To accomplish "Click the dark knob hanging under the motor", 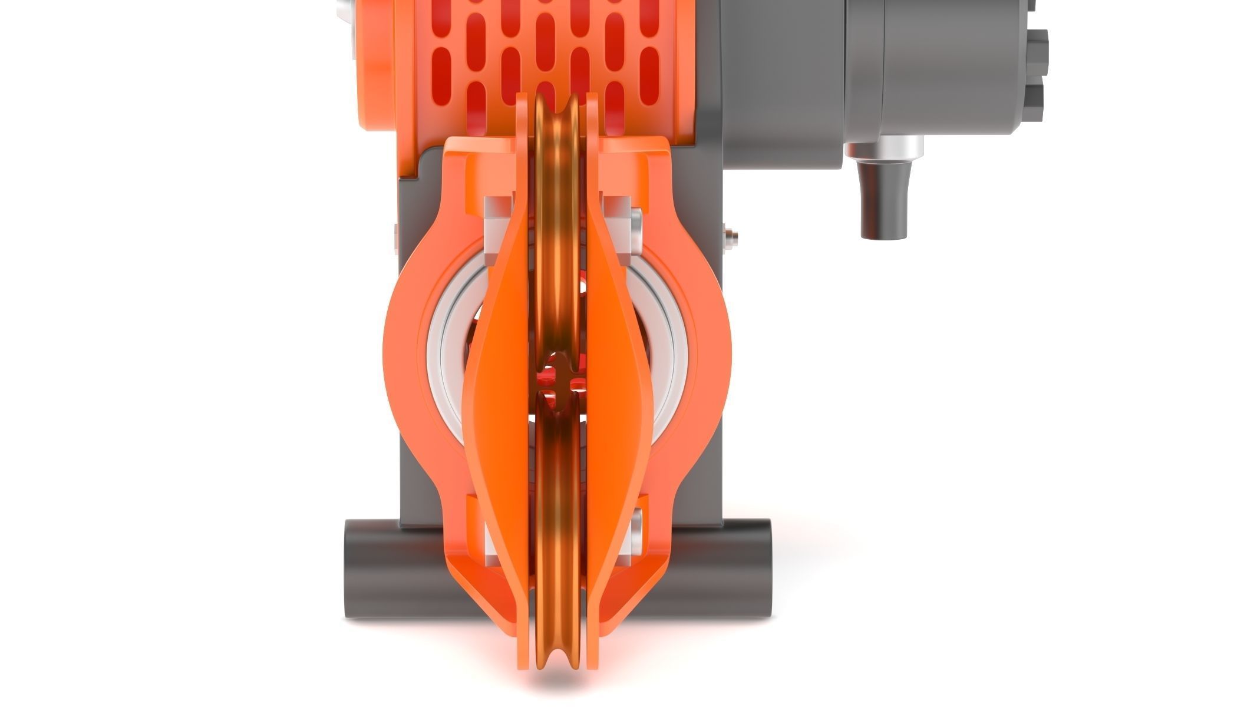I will click(883, 203).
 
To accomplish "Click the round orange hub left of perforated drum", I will click(374, 71).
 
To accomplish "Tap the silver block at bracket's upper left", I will click(498, 230).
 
